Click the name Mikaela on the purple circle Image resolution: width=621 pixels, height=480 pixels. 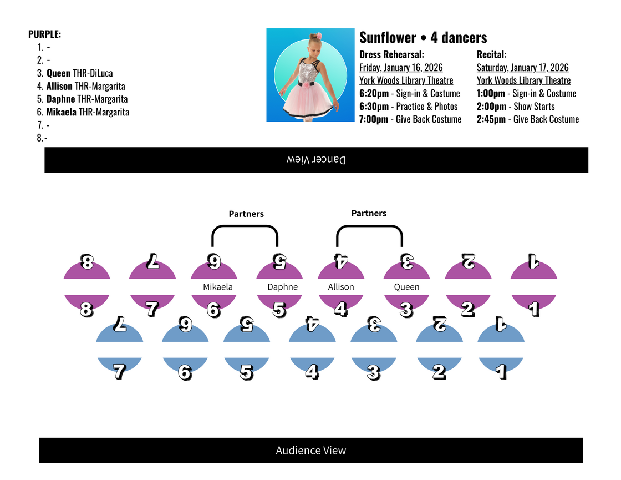218,287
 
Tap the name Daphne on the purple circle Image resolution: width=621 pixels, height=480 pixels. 282,287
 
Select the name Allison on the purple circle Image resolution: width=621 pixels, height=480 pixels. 340,287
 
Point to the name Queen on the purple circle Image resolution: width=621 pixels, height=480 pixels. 406,287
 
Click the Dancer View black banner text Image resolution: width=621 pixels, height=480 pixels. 316,160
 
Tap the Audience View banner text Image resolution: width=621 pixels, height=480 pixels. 310,451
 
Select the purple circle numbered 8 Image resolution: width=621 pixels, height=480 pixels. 87,286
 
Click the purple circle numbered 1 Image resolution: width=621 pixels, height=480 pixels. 533,286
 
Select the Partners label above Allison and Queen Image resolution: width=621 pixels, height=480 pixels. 369,213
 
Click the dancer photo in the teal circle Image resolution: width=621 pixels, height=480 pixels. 310,75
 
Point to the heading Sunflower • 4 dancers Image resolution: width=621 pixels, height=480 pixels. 423,38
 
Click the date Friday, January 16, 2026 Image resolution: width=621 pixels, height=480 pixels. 401,68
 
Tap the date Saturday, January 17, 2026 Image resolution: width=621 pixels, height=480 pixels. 522,68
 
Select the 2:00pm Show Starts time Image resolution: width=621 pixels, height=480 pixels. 516,107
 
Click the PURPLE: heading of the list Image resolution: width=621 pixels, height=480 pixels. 45,34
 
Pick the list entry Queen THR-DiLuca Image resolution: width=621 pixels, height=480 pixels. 79,73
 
